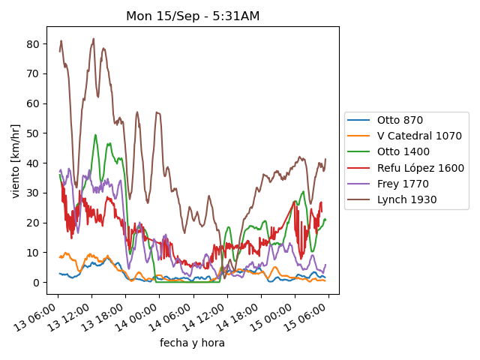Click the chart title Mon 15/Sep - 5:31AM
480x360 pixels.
(x=193, y=16)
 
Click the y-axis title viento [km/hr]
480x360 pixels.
(x=16, y=157)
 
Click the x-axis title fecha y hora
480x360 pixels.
(x=192, y=343)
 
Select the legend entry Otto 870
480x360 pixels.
(x=400, y=120)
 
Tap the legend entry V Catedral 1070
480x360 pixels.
(x=409, y=136)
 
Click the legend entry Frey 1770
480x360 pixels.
(x=400, y=184)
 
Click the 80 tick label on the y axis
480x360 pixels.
(x=33, y=43)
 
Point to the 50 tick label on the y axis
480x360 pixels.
(x=33, y=133)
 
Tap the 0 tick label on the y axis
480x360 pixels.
(x=36, y=283)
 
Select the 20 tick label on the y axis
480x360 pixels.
(x=33, y=223)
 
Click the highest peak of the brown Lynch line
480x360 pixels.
(x=94, y=39)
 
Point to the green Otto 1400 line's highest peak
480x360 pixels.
(x=95, y=135)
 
